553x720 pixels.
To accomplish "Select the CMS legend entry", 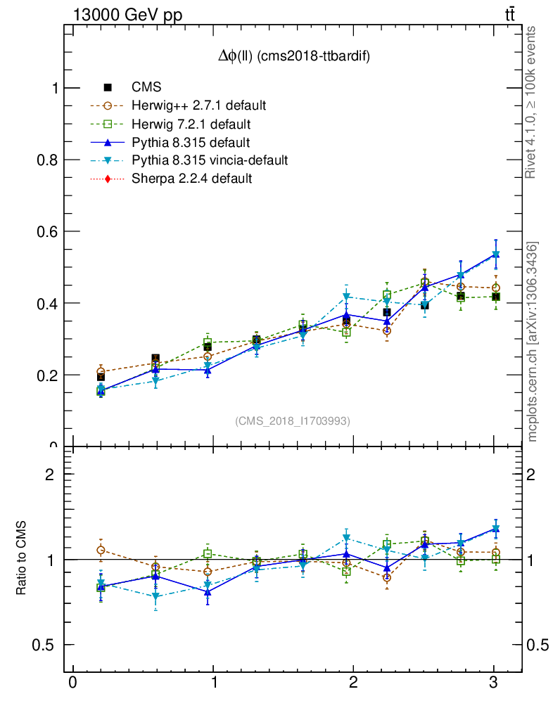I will (x=146, y=87).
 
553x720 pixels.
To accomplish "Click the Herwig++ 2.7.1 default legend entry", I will (x=198, y=105).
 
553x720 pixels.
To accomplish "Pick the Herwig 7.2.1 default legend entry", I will (x=191, y=124).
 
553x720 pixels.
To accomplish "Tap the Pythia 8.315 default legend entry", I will (x=191, y=142).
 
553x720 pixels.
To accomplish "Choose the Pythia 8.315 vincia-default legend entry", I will (x=210, y=160).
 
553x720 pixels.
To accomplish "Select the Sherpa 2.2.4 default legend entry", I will (x=191, y=179).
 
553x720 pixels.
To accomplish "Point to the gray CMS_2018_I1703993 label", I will (x=293, y=420).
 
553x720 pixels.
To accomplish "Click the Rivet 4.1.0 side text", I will (x=532, y=102).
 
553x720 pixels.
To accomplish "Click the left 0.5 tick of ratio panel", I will (x=48, y=645).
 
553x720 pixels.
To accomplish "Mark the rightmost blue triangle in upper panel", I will (x=496, y=254).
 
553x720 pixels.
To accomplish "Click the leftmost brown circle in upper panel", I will (x=101, y=371).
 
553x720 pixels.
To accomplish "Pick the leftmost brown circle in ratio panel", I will (x=101, y=550).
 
